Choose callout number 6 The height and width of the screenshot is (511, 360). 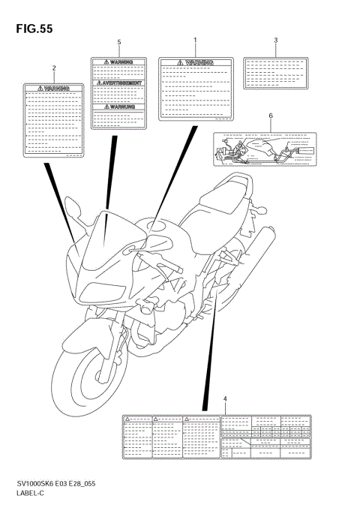[x=270, y=116]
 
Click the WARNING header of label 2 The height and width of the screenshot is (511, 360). [x=54, y=89]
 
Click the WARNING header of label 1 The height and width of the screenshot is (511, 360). [x=197, y=62]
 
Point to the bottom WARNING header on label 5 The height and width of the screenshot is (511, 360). [x=118, y=107]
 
